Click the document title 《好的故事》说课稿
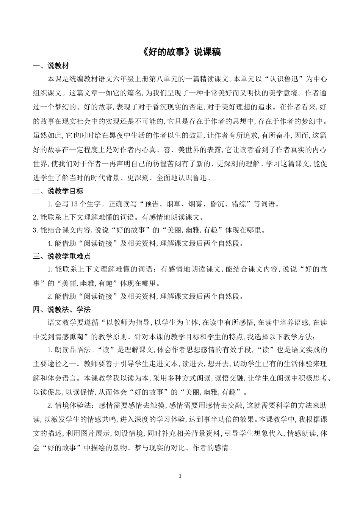pos(180,52)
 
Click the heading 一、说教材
pos(51,66)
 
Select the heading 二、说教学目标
pos(58,191)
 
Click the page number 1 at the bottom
pos(180,476)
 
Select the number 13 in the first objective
pos(74,205)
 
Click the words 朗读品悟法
pos(72,349)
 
